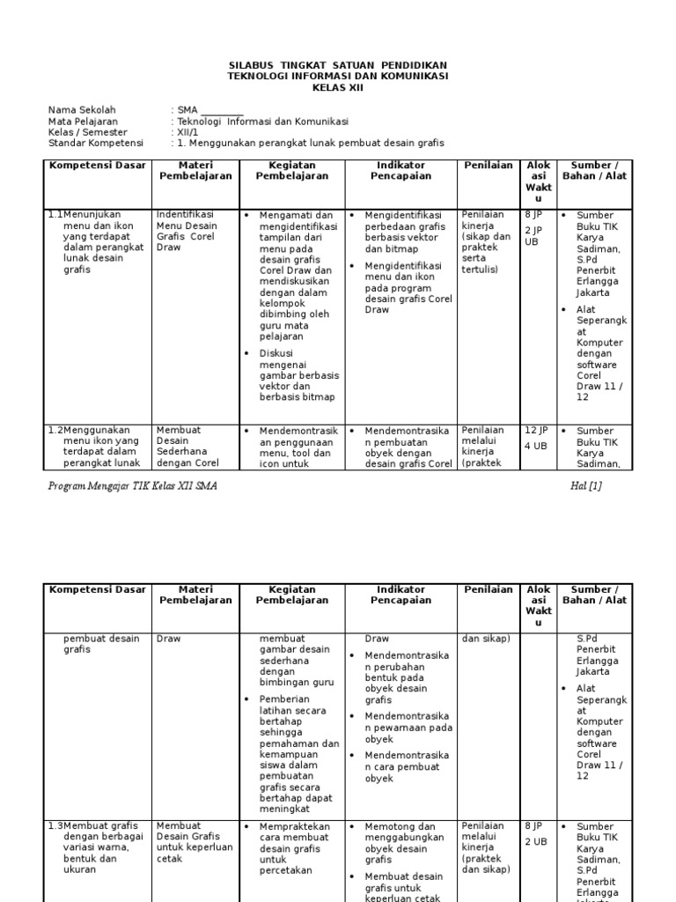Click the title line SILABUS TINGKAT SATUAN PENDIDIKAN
337,66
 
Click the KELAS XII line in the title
337,87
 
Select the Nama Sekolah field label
82,110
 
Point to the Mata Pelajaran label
83,122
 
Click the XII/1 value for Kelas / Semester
188,132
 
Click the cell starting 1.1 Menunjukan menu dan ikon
97,242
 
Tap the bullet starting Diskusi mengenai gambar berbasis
298,375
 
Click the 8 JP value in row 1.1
533,214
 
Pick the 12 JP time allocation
537,430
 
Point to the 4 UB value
535,446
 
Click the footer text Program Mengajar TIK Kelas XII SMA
133,486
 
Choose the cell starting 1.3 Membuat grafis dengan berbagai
97,847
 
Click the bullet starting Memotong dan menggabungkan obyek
408,843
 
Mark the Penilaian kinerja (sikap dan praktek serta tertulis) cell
486,242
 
